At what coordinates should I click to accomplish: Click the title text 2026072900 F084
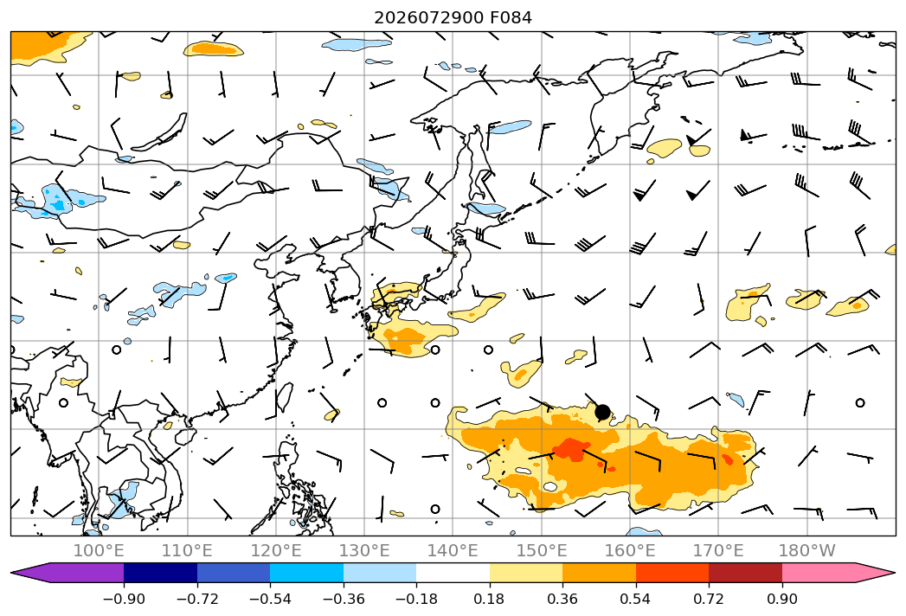point(453,18)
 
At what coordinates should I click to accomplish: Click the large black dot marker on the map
point(602,412)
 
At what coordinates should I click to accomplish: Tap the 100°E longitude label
point(99,551)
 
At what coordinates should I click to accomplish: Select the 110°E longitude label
point(187,551)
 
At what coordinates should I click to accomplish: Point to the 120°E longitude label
point(276,551)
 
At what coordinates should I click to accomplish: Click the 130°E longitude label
point(364,551)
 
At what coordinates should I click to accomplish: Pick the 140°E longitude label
point(453,551)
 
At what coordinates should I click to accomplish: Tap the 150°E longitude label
point(542,551)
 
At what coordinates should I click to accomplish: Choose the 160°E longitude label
point(630,551)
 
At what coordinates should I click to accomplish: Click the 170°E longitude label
point(718,551)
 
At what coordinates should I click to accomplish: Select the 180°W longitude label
point(807,551)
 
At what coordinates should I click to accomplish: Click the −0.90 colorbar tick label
point(124,600)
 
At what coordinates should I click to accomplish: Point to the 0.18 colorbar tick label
point(490,600)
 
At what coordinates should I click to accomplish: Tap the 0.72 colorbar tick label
point(709,600)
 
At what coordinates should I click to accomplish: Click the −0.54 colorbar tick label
point(270,600)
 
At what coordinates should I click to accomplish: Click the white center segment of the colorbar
point(453,573)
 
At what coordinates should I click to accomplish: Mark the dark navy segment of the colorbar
point(160,573)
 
